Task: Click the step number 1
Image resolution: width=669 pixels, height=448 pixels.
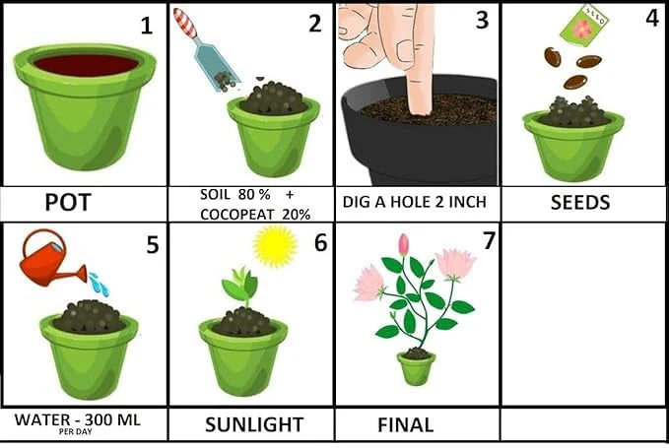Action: pyautogui.click(x=147, y=26)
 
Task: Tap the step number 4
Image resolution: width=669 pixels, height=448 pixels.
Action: pyautogui.click(x=652, y=19)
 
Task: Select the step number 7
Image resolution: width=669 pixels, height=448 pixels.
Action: pyautogui.click(x=490, y=240)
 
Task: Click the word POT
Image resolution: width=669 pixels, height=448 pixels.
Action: pyautogui.click(x=68, y=204)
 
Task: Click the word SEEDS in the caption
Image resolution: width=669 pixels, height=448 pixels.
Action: pyautogui.click(x=578, y=204)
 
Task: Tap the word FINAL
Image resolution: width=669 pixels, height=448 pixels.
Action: pyautogui.click(x=405, y=425)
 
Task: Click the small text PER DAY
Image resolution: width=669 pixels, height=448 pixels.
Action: pyautogui.click(x=77, y=432)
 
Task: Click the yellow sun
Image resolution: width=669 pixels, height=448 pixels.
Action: pyautogui.click(x=274, y=246)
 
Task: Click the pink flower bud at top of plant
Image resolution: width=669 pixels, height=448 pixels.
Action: pyautogui.click(x=403, y=244)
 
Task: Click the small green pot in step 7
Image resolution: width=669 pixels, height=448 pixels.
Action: pyautogui.click(x=416, y=368)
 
